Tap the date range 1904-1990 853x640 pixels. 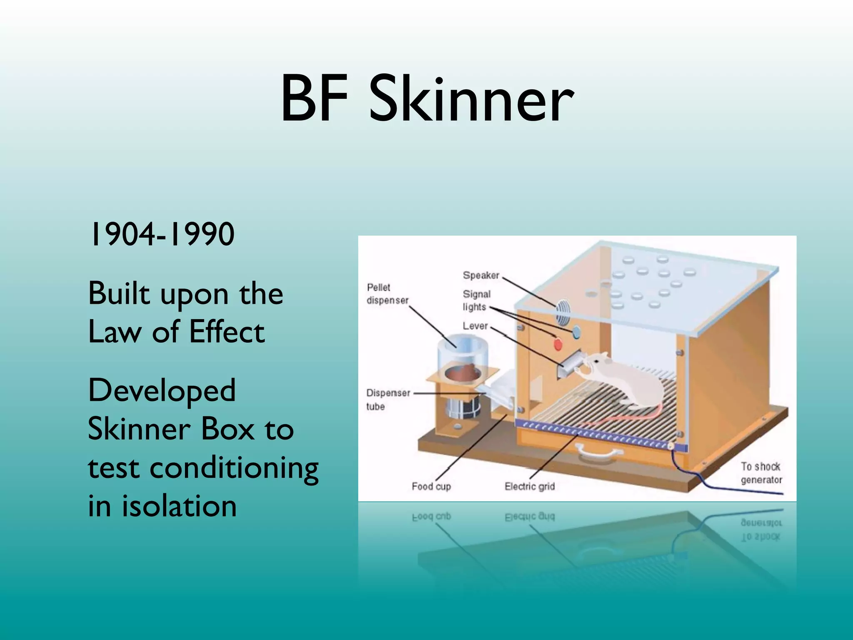coord(161,234)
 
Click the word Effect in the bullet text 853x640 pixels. coord(227,332)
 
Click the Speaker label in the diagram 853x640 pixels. coord(481,275)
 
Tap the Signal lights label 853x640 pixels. coord(476,300)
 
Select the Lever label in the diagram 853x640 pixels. coord(475,326)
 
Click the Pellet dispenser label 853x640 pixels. coord(387,294)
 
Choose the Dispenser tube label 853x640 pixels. coord(388,399)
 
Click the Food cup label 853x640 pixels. coord(431,486)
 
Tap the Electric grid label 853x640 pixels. coord(529,486)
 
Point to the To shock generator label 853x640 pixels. coord(761,473)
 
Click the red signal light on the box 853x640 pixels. coord(557,344)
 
